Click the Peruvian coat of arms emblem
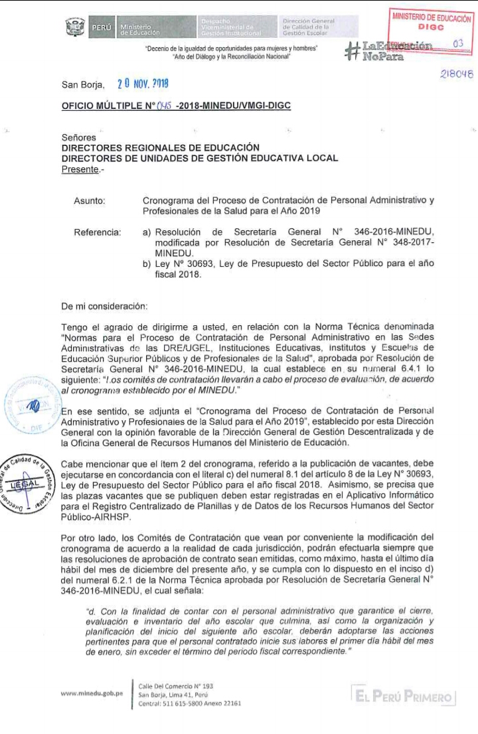pyautogui.click(x=75, y=27)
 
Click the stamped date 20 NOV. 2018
pyautogui.click(x=142, y=84)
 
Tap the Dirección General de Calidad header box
pyautogui.click(x=318, y=27)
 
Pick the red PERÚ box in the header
pyautogui.click(x=101, y=27)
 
